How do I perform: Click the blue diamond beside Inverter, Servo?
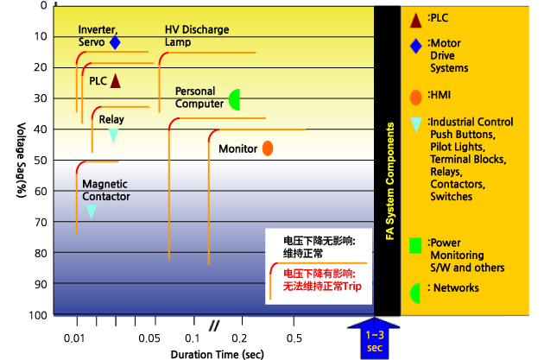pos(115,42)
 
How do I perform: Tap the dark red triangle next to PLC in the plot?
pos(115,80)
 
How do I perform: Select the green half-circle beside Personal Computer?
pos(235,99)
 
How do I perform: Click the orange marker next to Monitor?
pos(268,148)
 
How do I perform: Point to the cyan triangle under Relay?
pos(113,135)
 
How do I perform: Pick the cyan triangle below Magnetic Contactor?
pos(91,212)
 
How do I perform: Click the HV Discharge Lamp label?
pos(197,35)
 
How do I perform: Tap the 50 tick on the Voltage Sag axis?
pos(41,161)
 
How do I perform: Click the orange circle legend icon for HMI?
pos(416,97)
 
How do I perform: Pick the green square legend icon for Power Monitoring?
pos(416,244)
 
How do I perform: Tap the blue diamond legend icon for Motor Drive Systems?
pos(415,46)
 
